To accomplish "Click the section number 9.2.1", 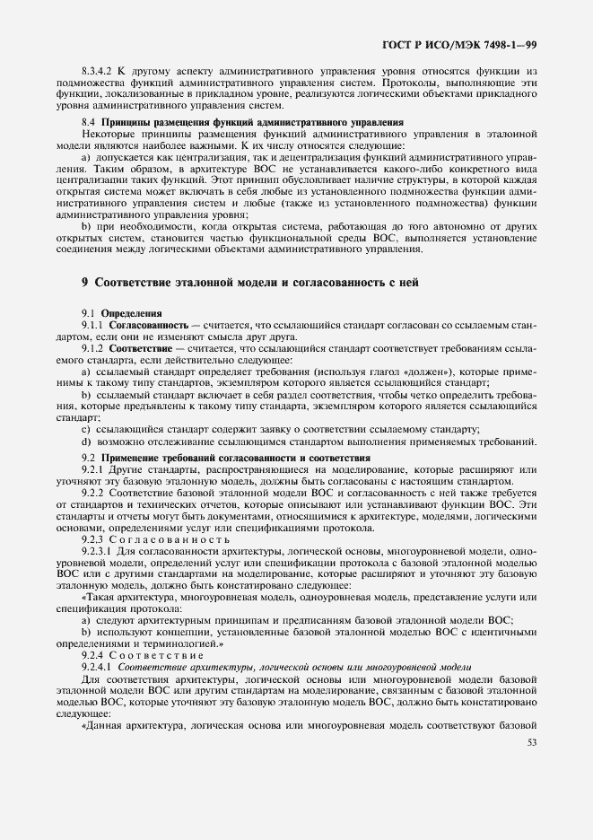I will pyautogui.click(x=93, y=468).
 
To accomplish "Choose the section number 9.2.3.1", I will pyautogui.click(x=97, y=550).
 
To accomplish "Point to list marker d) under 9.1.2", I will pyautogui.click(x=85, y=440).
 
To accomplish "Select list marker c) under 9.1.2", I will pyautogui.click(x=85, y=428).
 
